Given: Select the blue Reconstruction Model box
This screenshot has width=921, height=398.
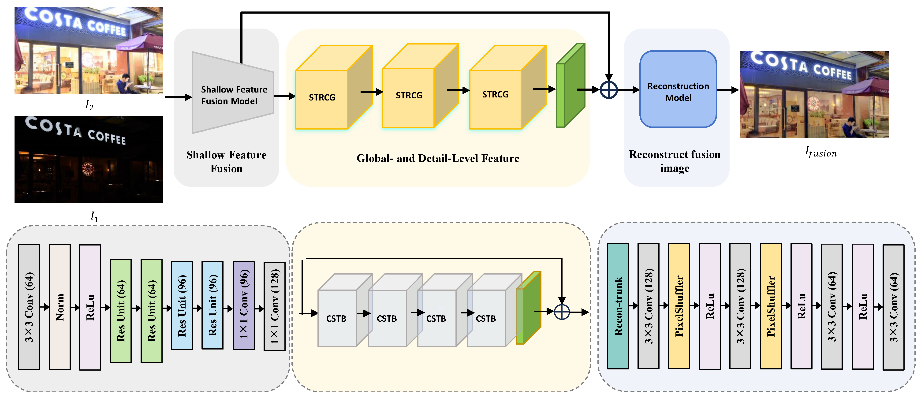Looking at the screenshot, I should (x=678, y=89).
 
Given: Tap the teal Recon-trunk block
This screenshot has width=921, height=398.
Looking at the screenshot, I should (x=618, y=306).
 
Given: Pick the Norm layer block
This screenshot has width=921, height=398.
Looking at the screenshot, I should (x=60, y=307).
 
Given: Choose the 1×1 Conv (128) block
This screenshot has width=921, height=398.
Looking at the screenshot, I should (x=274, y=306).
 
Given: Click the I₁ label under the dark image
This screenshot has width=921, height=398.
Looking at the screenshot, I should (x=94, y=216).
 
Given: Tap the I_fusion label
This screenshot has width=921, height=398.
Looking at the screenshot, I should (x=821, y=152).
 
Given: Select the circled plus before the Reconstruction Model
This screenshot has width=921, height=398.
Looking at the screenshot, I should (x=608, y=90).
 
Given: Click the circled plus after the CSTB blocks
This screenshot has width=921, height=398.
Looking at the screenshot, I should (x=562, y=312).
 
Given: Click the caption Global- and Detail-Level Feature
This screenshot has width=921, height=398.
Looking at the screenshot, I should (x=438, y=158).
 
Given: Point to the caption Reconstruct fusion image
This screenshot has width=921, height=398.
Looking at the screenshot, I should (x=675, y=161).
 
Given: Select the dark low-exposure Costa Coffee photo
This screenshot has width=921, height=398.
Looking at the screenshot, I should (x=89, y=160).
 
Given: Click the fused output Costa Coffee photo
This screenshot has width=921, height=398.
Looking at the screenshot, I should (x=814, y=94).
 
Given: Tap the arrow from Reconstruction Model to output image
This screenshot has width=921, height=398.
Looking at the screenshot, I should (x=727, y=90).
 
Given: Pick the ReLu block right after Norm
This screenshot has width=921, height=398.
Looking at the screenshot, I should (x=90, y=307).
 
